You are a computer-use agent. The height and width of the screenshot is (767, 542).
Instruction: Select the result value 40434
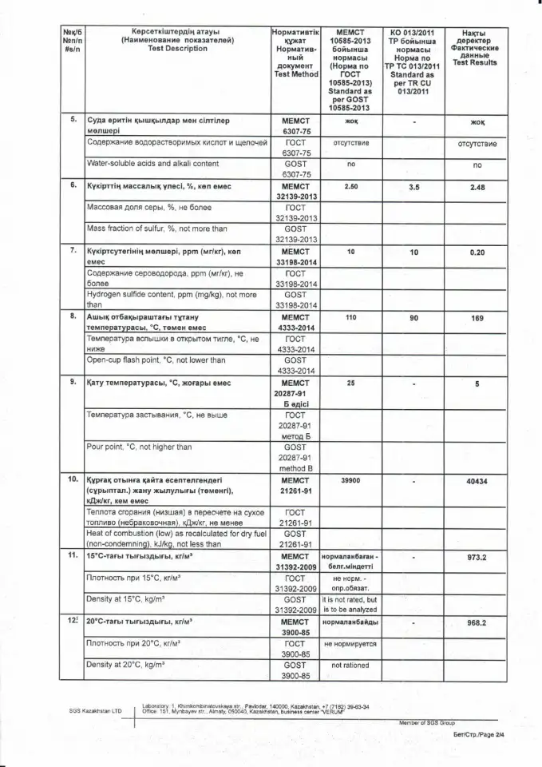pyautogui.click(x=477, y=482)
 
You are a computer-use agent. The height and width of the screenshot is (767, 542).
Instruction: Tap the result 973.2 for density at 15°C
pyautogui.click(x=477, y=558)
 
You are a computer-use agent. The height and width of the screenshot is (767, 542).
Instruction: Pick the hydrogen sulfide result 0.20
pyautogui.click(x=477, y=252)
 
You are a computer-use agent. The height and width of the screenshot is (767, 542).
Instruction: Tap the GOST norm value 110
pyautogui.click(x=350, y=317)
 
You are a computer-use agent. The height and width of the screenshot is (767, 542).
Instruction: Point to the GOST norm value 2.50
pyautogui.click(x=350, y=187)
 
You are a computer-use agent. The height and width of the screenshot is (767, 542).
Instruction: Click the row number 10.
pyautogui.click(x=72, y=481)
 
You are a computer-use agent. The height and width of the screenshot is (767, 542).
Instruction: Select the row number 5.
pyautogui.click(x=72, y=119)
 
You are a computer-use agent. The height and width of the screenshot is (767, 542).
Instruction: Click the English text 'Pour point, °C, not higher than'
pyautogui.click(x=139, y=447)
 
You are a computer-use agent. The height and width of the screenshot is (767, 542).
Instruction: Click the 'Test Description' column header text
pyautogui.click(x=165, y=48)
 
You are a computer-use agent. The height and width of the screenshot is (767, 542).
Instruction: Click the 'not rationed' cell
pyautogui.click(x=350, y=665)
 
